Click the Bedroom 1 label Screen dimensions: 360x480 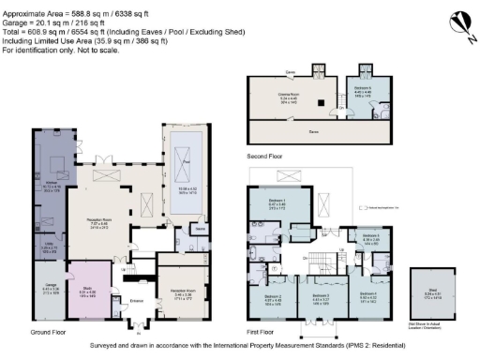[x=277, y=202]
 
